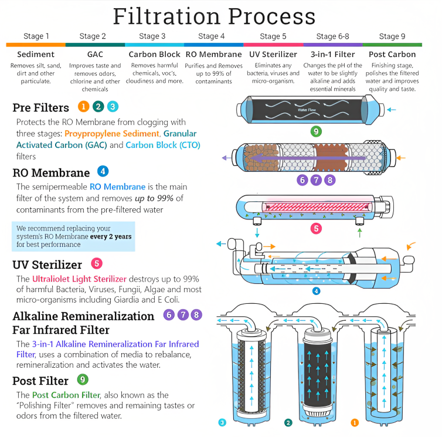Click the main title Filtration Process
(x=214, y=16)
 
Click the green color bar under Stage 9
(x=392, y=45)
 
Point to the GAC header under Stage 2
(x=95, y=55)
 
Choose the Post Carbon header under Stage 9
(x=392, y=55)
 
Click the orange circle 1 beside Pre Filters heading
(x=83, y=106)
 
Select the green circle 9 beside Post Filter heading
(x=83, y=380)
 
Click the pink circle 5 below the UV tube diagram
(x=316, y=228)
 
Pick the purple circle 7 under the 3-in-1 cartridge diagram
(x=316, y=180)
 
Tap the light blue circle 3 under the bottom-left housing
(x=222, y=422)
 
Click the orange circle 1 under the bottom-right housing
(x=354, y=422)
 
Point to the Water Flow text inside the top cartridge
(x=307, y=109)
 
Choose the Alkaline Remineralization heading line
(x=83, y=316)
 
